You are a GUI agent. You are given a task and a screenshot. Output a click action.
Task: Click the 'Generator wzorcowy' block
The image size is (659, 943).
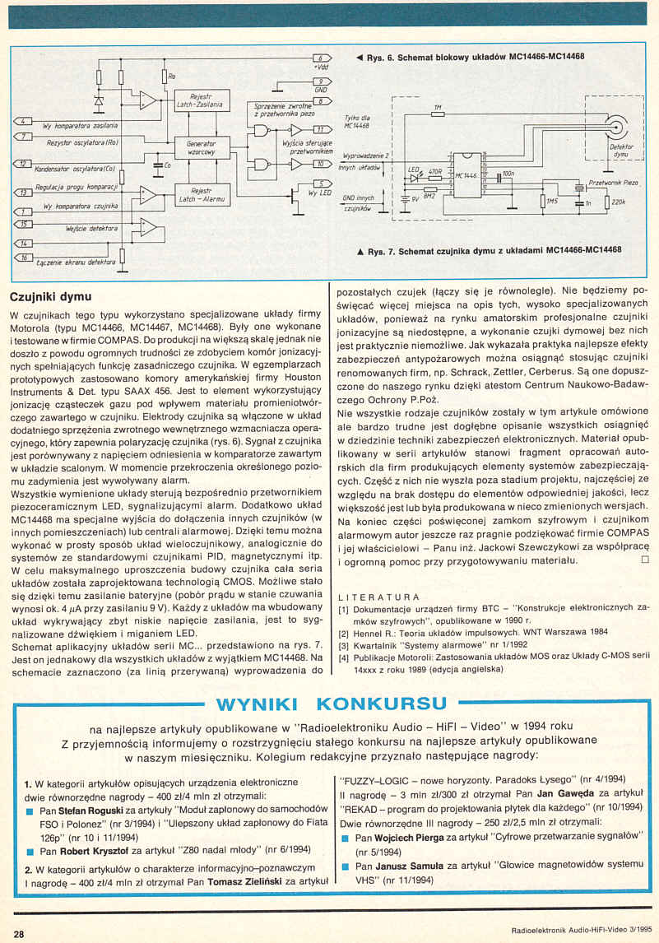tap(202, 148)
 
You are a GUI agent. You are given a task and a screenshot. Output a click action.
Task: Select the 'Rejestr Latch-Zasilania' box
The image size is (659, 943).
tap(202, 101)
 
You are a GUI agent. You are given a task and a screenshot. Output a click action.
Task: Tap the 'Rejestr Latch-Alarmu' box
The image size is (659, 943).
tap(202, 195)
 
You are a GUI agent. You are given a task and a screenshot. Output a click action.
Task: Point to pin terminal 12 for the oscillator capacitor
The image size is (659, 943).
tap(25, 165)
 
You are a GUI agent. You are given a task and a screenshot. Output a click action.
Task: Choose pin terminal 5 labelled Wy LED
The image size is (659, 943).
tap(322, 183)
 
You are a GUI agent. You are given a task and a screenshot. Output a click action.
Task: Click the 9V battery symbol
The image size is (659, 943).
tap(402, 197)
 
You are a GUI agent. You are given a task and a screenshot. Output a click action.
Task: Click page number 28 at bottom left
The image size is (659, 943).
tap(19, 932)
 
